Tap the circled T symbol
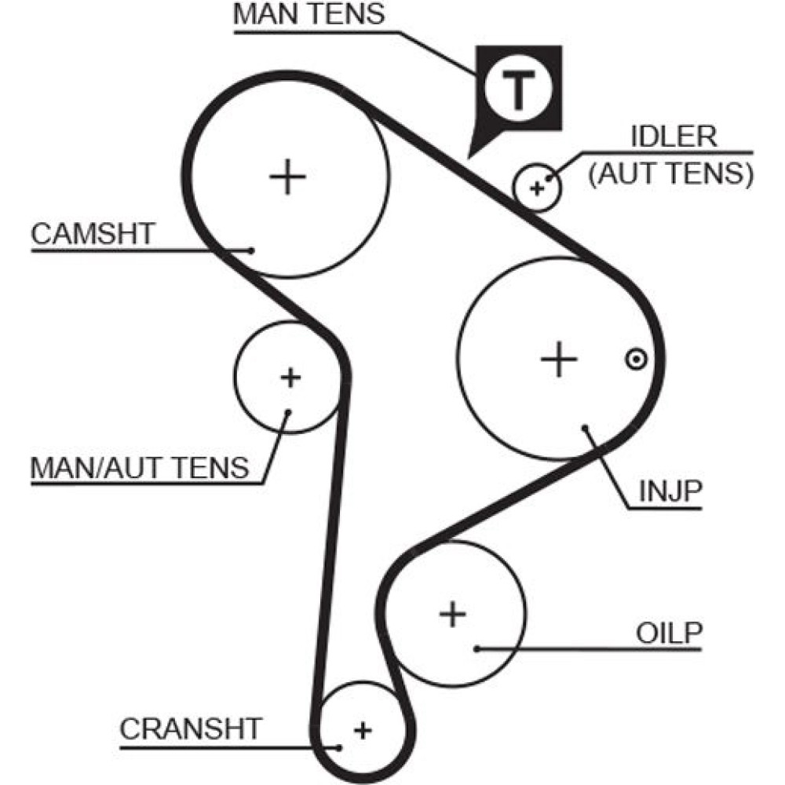pos(517,89)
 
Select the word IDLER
pos(674,137)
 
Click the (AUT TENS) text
pos(670,173)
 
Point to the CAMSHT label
pos(93,233)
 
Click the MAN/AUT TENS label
pos(139,468)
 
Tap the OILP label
pos(667,633)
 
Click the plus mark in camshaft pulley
pos(287,177)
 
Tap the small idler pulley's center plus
pos(537,188)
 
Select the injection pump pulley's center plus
pos(559,360)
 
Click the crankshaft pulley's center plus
pos(362,730)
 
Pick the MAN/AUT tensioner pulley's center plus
pos(290,378)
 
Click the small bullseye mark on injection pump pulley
pos(635,360)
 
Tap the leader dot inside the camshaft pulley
pos(252,250)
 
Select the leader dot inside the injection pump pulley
pos(586,428)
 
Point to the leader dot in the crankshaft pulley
pos(340,747)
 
